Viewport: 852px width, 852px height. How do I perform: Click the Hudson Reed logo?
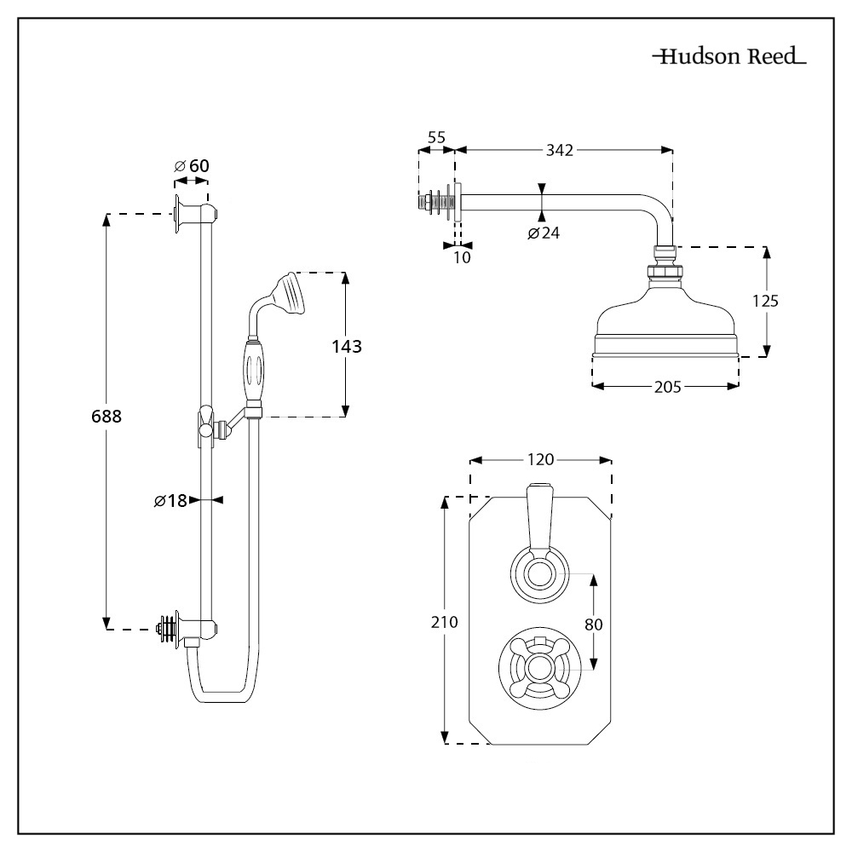click(x=729, y=58)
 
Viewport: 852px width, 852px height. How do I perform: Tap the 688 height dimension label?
click(x=107, y=417)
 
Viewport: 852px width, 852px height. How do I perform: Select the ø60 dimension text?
click(x=192, y=165)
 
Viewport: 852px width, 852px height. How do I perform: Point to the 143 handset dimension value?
click(x=347, y=346)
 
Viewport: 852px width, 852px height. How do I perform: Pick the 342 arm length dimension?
click(x=560, y=150)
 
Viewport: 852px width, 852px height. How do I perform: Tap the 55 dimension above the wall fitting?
click(x=436, y=136)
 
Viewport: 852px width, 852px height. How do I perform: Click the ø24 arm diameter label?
click(x=543, y=233)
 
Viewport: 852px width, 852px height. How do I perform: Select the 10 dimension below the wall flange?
click(x=461, y=256)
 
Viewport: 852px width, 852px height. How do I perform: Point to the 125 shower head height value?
click(x=765, y=300)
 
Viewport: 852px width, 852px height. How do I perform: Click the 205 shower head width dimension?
click(x=667, y=387)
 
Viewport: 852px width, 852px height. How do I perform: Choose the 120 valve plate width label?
click(x=541, y=460)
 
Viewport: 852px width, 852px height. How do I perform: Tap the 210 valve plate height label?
click(x=445, y=622)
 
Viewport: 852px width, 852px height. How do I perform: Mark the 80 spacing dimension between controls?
click(x=594, y=624)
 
